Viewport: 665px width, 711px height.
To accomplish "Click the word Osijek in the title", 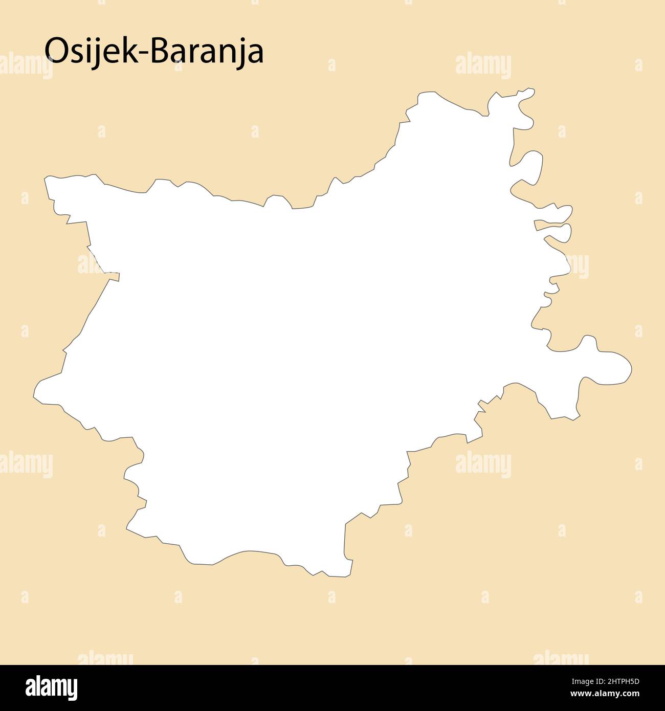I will [92, 51].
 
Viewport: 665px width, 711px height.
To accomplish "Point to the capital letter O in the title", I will [56, 51].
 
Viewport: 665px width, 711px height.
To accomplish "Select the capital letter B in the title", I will [162, 51].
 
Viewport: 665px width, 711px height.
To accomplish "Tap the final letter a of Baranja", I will [256, 54].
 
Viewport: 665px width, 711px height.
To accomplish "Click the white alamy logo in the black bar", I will [52, 688].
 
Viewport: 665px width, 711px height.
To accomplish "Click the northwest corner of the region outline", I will [47, 179].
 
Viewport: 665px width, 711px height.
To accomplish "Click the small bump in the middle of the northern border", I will [277, 200].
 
